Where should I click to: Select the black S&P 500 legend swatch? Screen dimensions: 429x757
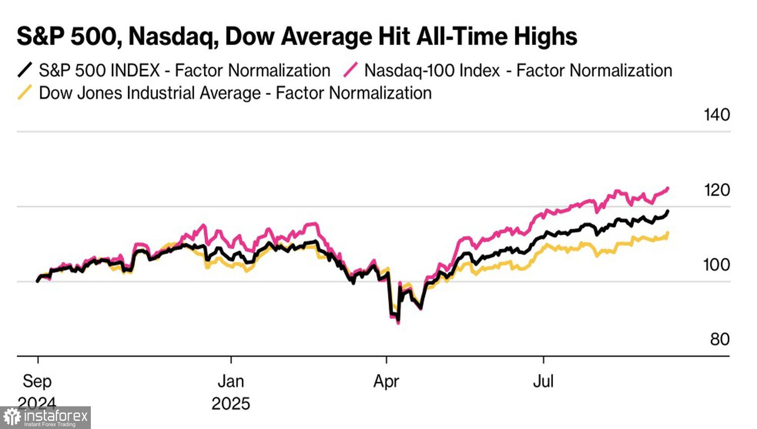pos(25,70)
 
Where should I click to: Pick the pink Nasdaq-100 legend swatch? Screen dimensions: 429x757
pos(351,70)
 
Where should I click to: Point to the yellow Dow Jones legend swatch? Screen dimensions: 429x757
pos(25,93)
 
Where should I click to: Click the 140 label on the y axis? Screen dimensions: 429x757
pos(717,115)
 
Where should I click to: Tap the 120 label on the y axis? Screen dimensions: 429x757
pos(717,190)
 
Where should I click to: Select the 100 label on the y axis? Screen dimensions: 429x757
pos(717,264)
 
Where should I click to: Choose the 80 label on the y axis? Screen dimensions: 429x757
pos(720,339)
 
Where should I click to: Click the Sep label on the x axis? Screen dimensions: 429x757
pos(37,381)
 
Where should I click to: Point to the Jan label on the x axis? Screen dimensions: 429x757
pos(231,381)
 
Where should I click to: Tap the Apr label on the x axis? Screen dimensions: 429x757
pos(386,381)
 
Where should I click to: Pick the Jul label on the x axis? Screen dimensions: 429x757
pos(544,381)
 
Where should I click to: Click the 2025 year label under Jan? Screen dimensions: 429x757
pos(231,404)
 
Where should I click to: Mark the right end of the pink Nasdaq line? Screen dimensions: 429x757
pos(668,189)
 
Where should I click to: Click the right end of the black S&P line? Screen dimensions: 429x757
pos(668,211)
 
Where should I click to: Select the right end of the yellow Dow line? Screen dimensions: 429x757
pos(668,233)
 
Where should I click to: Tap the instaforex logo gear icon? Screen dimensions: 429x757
pos(12,417)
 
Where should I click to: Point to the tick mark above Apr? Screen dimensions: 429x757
pos(386,359)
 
